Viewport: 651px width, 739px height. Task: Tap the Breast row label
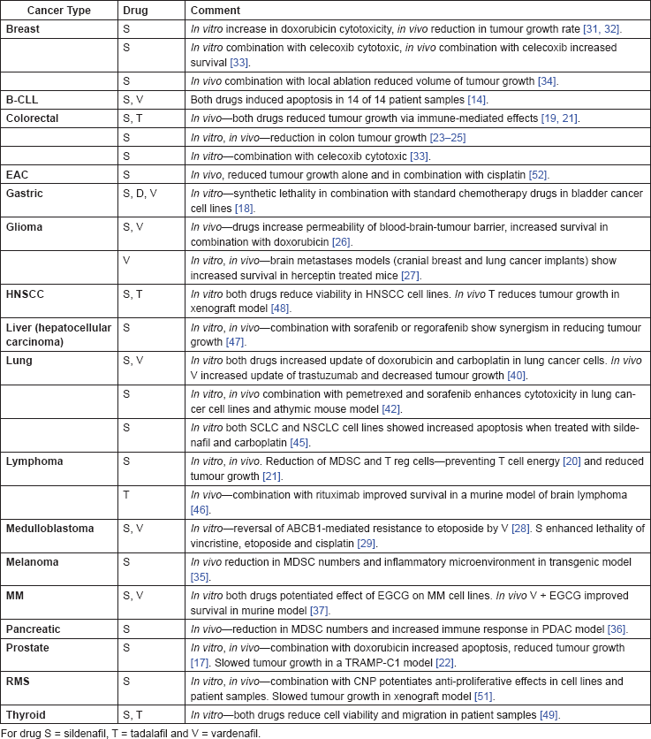click(x=23, y=28)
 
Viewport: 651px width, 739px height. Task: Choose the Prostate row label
click(x=28, y=647)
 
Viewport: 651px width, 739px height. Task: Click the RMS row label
click(x=18, y=681)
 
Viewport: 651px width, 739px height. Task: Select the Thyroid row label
click(x=26, y=714)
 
